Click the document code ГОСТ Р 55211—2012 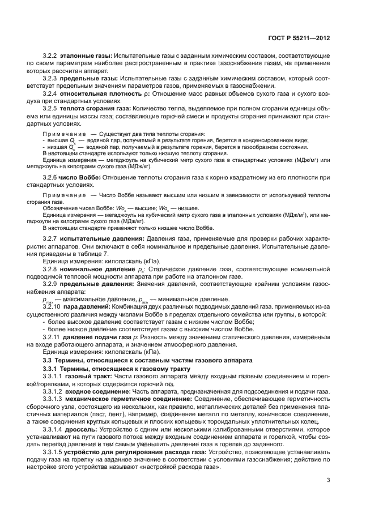(x=298, y=37)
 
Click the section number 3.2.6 (x=50, y=178)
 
